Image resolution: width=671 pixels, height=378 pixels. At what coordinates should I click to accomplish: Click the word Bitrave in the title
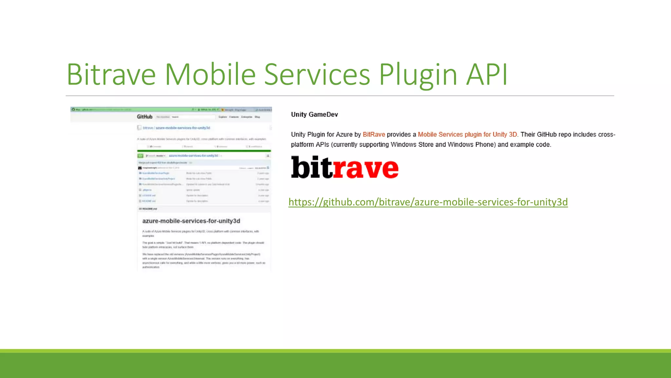(x=111, y=74)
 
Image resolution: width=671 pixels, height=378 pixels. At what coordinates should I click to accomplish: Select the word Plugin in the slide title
(x=418, y=74)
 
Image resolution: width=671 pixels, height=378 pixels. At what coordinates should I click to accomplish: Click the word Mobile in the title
(x=210, y=74)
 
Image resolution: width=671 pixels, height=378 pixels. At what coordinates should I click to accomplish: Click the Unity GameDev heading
(x=314, y=115)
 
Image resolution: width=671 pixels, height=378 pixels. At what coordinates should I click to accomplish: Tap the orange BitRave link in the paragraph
(x=374, y=135)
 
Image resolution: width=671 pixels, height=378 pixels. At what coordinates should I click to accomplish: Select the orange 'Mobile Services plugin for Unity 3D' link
(x=467, y=135)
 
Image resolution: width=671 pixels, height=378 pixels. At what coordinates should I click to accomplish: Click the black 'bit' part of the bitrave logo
(x=311, y=167)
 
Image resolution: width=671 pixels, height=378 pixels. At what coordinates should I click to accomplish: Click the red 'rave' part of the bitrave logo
(x=366, y=168)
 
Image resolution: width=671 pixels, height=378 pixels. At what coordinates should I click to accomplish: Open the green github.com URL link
(x=428, y=202)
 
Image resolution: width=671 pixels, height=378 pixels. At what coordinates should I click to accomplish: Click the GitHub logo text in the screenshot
(x=144, y=117)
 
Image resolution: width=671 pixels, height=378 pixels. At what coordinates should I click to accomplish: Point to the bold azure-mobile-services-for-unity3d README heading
(x=191, y=221)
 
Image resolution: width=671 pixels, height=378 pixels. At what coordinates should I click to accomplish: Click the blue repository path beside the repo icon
(x=177, y=128)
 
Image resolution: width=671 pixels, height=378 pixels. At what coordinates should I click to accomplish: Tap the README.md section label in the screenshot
(x=149, y=209)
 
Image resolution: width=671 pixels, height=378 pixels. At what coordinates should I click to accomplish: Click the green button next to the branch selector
(x=140, y=156)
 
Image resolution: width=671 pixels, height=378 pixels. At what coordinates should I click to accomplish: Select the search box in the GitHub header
(x=193, y=117)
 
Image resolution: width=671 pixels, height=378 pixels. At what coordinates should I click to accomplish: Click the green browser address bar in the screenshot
(x=131, y=109)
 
